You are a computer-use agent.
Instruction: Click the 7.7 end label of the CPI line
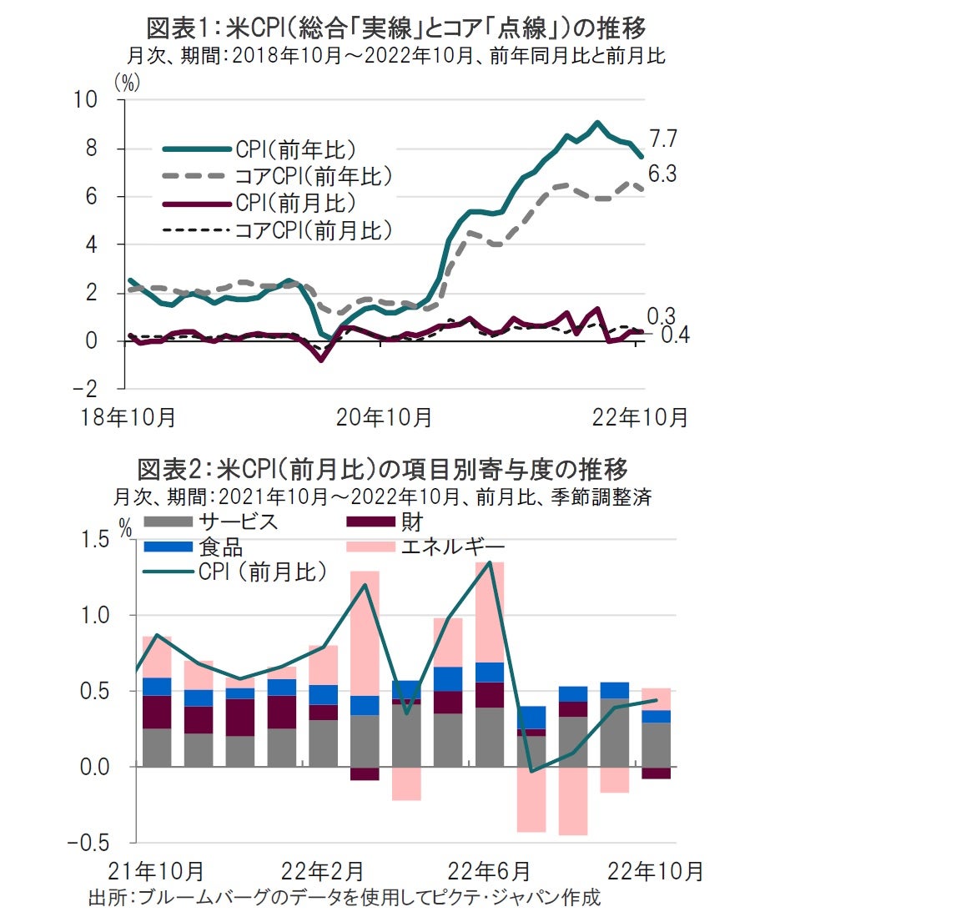[x=663, y=139]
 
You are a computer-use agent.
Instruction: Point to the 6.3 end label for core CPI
[x=663, y=174]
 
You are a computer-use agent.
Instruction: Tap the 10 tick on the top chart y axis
[x=86, y=99]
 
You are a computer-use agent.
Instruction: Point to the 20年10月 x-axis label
[x=384, y=417]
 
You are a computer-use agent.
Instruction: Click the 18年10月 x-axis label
[x=128, y=417]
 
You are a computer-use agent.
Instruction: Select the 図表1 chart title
[x=396, y=28]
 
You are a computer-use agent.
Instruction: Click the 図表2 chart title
[x=383, y=469]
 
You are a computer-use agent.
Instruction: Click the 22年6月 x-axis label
[x=489, y=871]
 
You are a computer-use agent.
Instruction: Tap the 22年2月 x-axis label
[x=322, y=871]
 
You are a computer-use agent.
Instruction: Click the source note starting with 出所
[x=344, y=897]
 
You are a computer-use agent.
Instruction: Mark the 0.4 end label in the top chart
[x=675, y=335]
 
